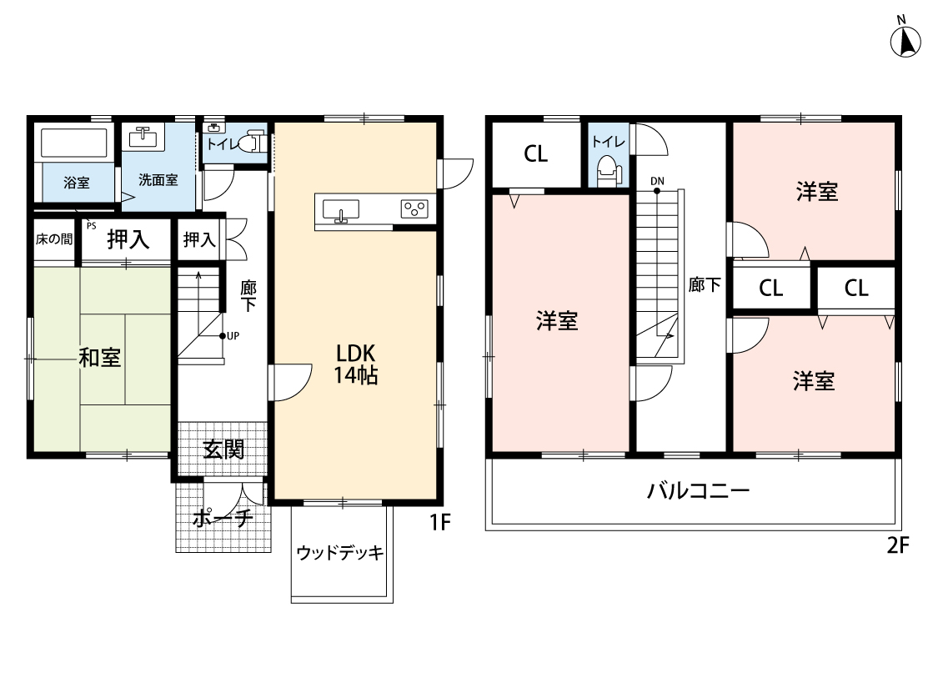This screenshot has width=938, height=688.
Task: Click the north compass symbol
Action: (x=905, y=40)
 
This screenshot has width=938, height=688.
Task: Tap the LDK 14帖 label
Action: (x=356, y=364)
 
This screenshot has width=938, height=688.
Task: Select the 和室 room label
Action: (x=99, y=358)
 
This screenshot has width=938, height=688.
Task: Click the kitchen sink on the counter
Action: (x=340, y=209)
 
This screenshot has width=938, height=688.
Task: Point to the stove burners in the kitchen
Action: (x=414, y=208)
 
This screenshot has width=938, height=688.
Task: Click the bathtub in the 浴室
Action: (x=75, y=143)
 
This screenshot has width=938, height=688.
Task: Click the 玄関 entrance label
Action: (x=223, y=450)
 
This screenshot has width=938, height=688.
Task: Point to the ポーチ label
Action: (x=223, y=519)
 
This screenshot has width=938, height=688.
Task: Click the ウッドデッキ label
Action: (x=340, y=552)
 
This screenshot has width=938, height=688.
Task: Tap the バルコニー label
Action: (x=699, y=490)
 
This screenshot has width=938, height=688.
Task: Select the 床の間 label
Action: (x=53, y=239)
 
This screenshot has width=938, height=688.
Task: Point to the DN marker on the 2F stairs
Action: (x=657, y=181)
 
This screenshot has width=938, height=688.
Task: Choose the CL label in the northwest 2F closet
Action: (x=536, y=154)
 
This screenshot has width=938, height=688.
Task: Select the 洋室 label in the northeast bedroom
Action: (x=816, y=192)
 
